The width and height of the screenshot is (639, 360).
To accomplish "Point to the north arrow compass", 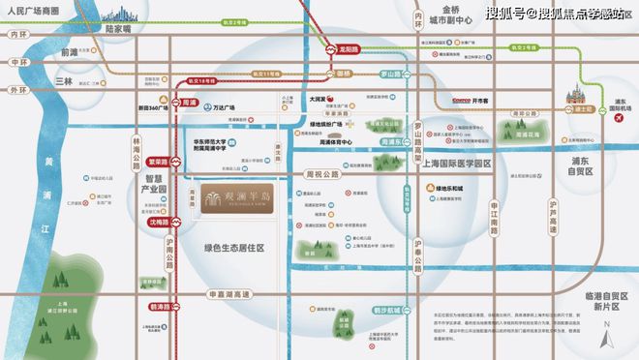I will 607,336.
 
